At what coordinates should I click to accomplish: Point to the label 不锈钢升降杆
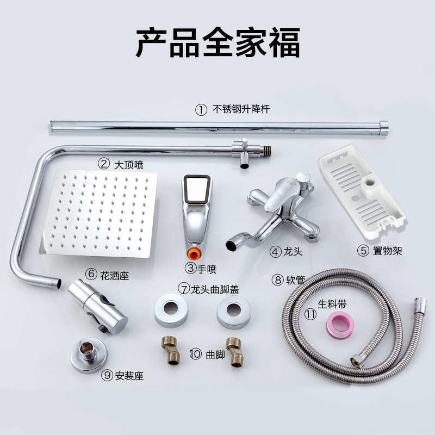pyautogui.click(x=243, y=109)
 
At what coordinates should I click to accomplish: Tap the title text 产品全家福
pyautogui.click(x=217, y=42)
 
